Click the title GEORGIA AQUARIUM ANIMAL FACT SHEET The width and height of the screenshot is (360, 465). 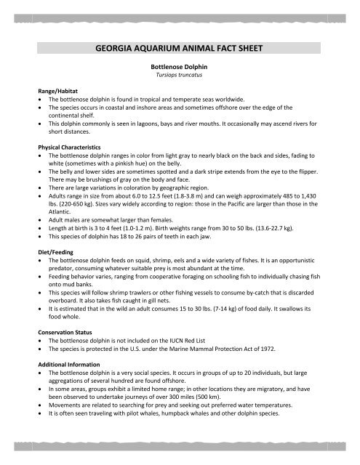(180, 50)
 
